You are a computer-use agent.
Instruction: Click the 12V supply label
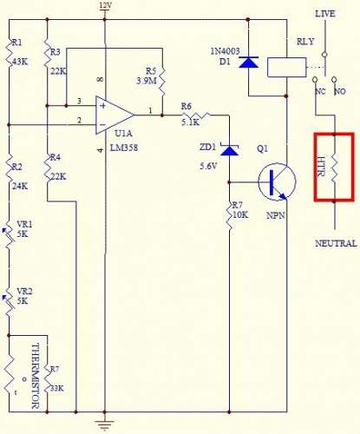tap(105, 5)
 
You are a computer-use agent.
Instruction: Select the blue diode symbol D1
tap(249, 62)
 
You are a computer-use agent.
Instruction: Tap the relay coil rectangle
tap(286, 67)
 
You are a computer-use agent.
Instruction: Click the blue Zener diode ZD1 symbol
tap(229, 149)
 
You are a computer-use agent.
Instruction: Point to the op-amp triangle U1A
tap(115, 115)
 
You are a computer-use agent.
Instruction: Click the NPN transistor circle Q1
tap(277, 182)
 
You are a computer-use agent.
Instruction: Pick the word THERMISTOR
tap(36, 376)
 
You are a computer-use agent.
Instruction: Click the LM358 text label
tap(124, 148)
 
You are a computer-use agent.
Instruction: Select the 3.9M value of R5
tap(147, 81)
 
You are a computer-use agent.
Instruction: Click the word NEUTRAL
tap(336, 243)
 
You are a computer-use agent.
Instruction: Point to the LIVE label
tap(325, 14)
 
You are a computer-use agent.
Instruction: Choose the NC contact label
tap(320, 91)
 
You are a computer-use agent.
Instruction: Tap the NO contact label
tap(340, 91)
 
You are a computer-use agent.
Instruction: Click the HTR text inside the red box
tap(321, 167)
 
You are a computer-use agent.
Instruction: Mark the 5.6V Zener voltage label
tap(208, 166)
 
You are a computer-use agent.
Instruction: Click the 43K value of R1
tap(19, 62)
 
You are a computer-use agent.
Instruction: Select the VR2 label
tap(24, 291)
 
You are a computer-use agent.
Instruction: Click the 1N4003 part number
tap(225, 51)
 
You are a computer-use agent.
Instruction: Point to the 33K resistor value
tap(57, 388)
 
